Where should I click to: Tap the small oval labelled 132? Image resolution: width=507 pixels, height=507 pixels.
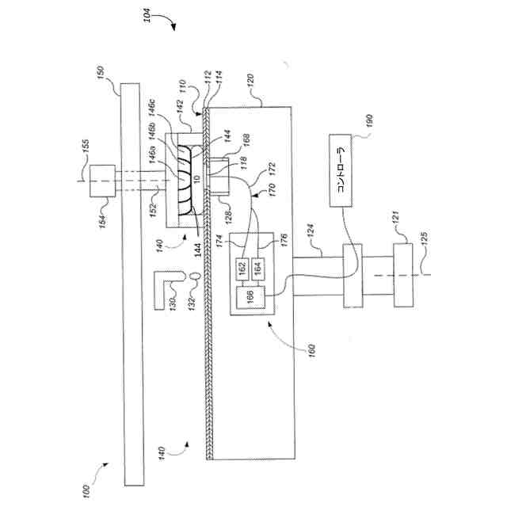point(193,275)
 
